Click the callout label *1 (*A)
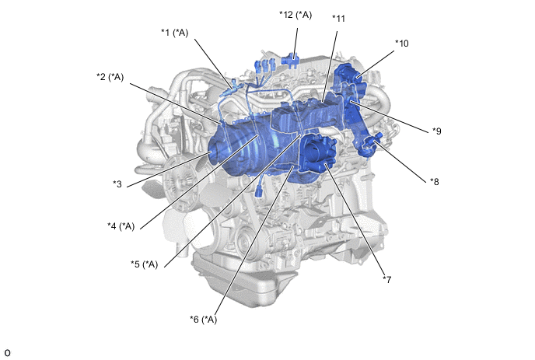click(175, 33)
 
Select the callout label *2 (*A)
click(110, 77)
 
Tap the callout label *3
click(117, 184)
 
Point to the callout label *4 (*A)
click(121, 226)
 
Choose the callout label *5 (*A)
click(145, 264)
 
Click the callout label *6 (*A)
click(204, 320)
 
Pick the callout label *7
click(387, 280)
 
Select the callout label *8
click(435, 182)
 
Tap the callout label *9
click(437, 131)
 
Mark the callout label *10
click(402, 44)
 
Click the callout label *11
click(339, 19)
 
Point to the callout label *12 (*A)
click(295, 15)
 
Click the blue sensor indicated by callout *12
click(290, 61)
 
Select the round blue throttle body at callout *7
click(317, 153)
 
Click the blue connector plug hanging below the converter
click(259, 191)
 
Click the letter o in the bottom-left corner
click(7, 353)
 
